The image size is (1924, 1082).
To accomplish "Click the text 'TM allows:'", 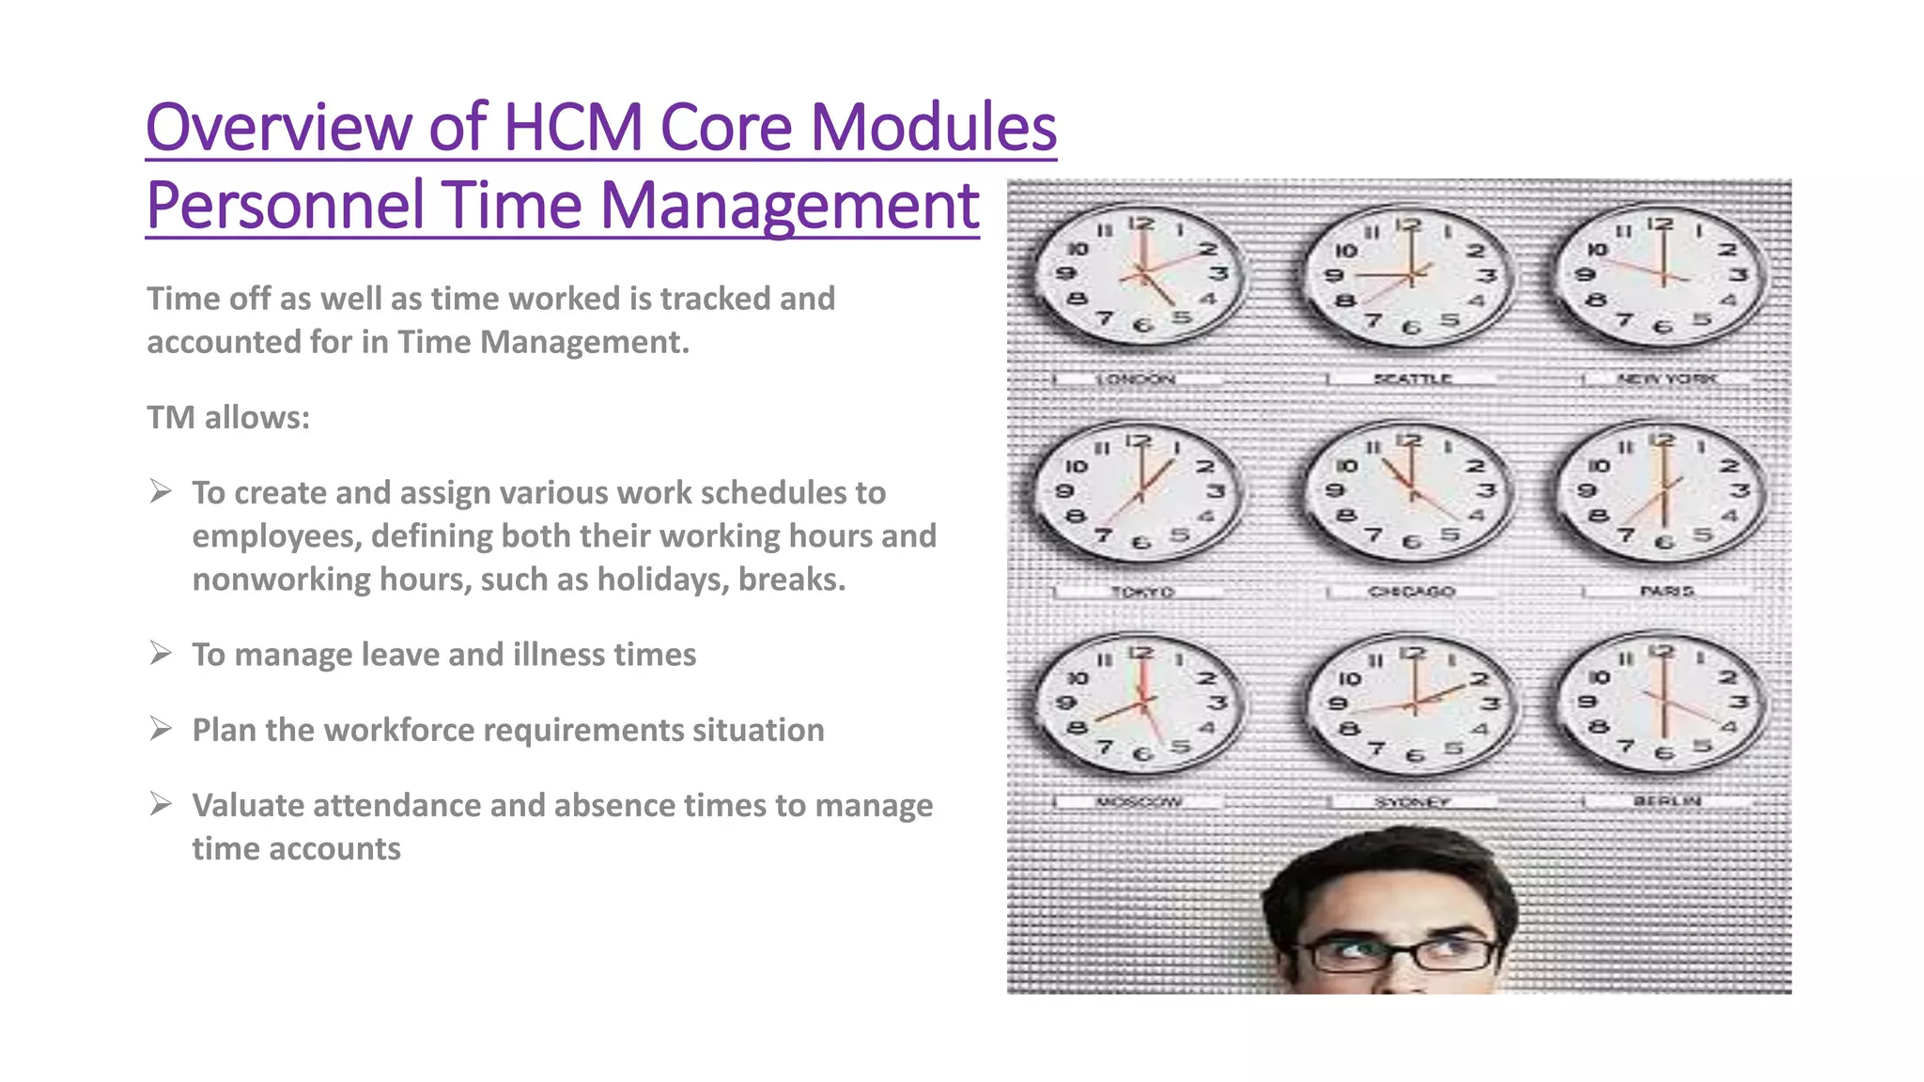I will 228,417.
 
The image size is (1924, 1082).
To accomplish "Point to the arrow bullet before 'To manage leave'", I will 161,653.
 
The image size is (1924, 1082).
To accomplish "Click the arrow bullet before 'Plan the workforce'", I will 161,729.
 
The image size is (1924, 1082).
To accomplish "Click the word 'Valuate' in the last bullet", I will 247,805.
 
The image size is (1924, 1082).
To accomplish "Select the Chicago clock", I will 1409,490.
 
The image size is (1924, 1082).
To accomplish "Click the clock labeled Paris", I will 1661,490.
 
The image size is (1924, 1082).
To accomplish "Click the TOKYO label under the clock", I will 1141,592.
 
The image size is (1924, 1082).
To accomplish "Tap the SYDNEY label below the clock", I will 1412,802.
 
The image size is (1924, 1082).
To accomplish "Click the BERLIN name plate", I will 1668,801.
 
